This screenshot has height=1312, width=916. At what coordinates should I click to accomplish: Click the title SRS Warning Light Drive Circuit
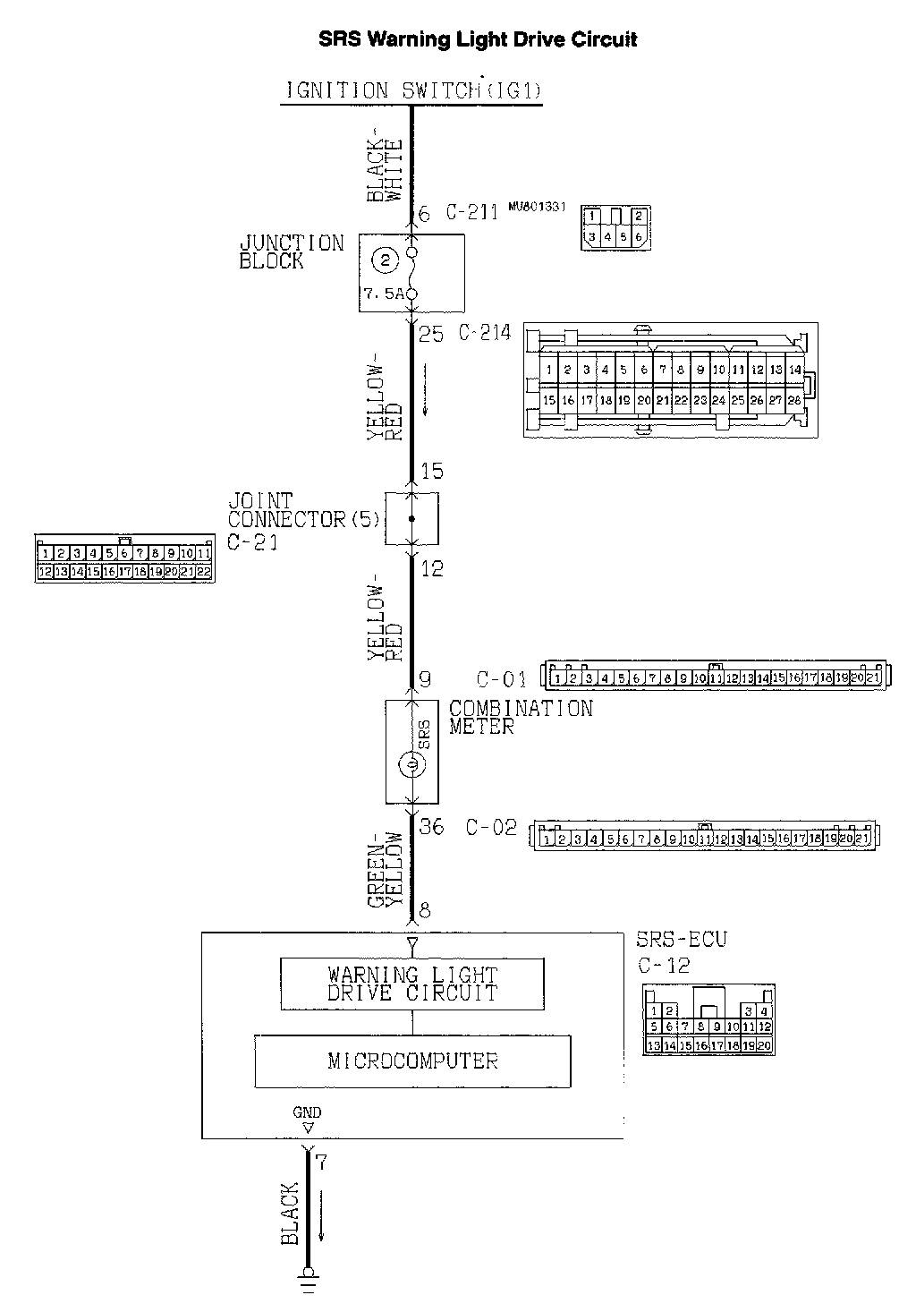(x=479, y=39)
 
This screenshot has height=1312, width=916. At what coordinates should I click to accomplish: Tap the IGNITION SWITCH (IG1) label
(x=413, y=90)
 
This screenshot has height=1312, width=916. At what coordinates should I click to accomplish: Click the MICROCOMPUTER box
(x=412, y=1061)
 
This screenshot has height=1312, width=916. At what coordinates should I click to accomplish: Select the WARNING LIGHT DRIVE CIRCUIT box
(x=412, y=984)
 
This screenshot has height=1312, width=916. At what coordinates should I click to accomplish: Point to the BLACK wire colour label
(x=290, y=1214)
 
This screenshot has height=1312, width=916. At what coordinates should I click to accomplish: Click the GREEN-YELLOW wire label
(x=386, y=870)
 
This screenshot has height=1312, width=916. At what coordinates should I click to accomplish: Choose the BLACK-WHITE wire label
(x=386, y=169)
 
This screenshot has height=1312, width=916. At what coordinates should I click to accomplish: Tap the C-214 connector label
(x=484, y=333)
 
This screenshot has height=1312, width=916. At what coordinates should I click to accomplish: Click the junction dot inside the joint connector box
(x=411, y=518)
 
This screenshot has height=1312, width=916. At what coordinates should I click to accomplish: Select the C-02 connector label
(x=491, y=828)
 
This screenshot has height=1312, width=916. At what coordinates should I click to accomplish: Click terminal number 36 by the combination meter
(x=432, y=827)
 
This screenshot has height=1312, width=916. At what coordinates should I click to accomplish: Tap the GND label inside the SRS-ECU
(x=307, y=1112)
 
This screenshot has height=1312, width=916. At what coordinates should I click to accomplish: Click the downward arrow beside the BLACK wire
(x=321, y=1214)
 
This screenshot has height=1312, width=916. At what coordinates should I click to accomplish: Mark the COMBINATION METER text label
(x=521, y=718)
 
